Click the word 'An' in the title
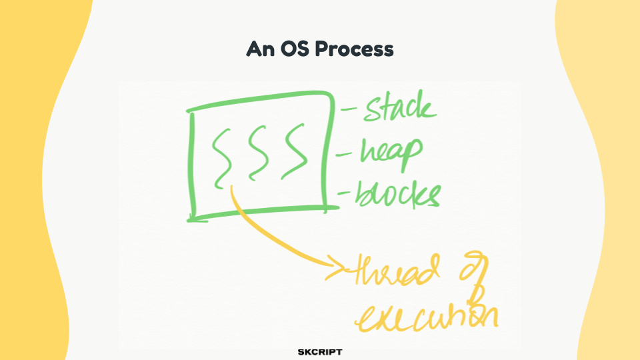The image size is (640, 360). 260,49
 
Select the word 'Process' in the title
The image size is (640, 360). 354,49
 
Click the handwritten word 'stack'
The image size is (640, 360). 401,107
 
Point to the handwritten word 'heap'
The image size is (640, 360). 391,153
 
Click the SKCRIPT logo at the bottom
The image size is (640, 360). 320,352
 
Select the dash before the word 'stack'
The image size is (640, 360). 349,109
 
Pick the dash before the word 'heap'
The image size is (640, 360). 344,155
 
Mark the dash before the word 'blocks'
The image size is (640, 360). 344,193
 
